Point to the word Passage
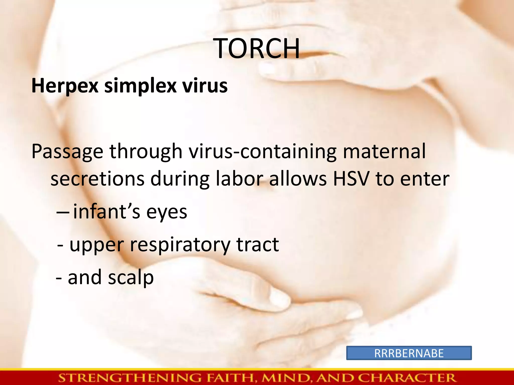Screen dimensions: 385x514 click(67, 152)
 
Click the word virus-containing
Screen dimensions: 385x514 click(263, 152)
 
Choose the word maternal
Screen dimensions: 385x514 click(384, 151)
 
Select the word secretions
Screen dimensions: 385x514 click(97, 179)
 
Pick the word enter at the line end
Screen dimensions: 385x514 click(425, 179)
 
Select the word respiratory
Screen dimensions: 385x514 click(180, 245)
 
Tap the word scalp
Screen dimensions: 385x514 click(131, 278)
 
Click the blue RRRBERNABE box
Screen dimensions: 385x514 click(409, 353)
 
